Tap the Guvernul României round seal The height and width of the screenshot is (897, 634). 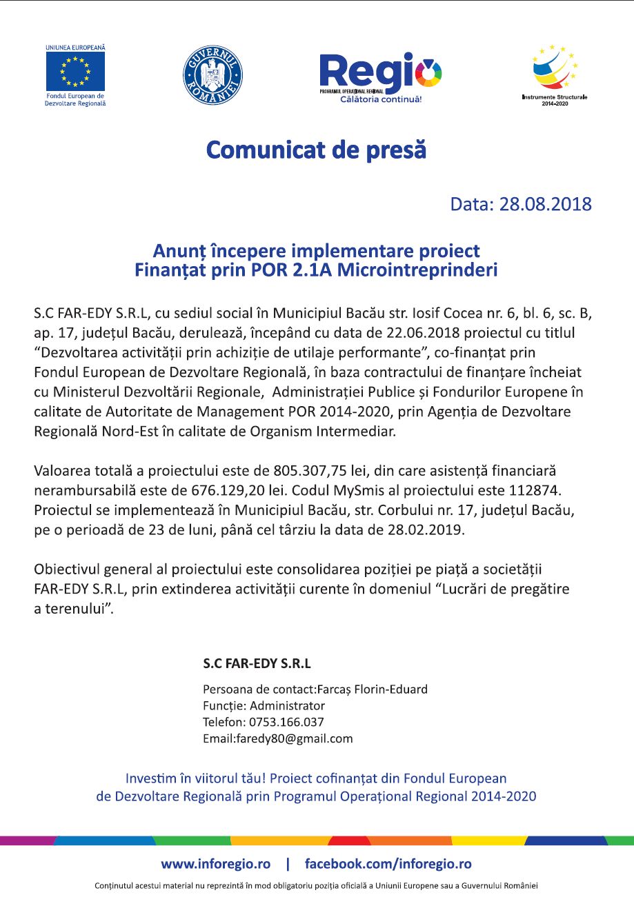click(212, 75)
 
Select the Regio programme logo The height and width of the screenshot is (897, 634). click(380, 74)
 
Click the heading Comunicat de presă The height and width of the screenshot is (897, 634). click(317, 150)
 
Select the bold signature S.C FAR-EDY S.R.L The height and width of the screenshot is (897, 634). click(257, 664)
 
